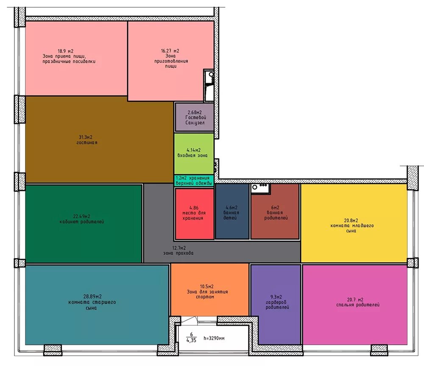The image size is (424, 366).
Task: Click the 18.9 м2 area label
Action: (x=65, y=51)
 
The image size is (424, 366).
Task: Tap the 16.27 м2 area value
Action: (x=170, y=51)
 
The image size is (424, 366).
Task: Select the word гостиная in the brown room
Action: (x=87, y=142)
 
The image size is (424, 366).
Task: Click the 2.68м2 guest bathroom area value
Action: (x=195, y=112)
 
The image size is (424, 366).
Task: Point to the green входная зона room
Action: (x=194, y=154)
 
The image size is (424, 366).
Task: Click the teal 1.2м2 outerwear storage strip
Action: (x=194, y=180)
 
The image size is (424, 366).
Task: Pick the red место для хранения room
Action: (x=195, y=214)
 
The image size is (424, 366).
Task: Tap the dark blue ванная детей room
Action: (x=232, y=211)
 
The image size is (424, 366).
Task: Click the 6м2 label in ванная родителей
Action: (x=275, y=207)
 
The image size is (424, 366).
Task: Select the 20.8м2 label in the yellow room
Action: (x=351, y=221)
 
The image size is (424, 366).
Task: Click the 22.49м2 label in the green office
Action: (x=82, y=216)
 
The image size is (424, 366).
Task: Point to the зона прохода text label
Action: (x=179, y=253)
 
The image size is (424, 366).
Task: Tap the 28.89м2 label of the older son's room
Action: (x=92, y=297)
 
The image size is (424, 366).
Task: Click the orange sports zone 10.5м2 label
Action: (x=207, y=286)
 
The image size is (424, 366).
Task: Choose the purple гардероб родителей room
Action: (x=276, y=305)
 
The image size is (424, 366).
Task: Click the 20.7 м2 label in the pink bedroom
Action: (x=355, y=300)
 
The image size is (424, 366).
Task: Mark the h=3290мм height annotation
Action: (x=214, y=338)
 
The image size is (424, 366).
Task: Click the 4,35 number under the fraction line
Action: (x=191, y=340)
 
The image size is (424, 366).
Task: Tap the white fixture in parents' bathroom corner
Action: (x=260, y=188)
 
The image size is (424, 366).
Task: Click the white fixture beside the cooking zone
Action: (x=209, y=85)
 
